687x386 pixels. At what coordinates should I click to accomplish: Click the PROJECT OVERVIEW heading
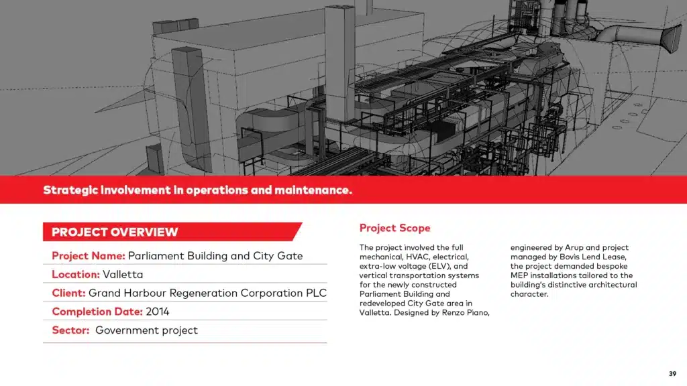click(115, 232)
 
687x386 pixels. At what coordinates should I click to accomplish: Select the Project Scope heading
click(394, 228)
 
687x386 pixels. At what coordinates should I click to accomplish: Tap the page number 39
click(672, 374)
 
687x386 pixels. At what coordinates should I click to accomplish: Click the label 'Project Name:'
click(89, 256)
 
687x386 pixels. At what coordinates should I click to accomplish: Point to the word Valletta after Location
click(123, 274)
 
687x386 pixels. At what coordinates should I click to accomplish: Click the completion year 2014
click(157, 312)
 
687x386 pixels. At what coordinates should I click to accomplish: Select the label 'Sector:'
click(70, 330)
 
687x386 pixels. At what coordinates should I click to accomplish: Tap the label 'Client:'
click(69, 294)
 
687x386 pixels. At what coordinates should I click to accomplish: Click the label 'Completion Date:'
click(97, 312)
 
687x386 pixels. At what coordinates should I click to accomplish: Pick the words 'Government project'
click(146, 330)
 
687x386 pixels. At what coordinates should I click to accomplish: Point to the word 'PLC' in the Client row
click(316, 294)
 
